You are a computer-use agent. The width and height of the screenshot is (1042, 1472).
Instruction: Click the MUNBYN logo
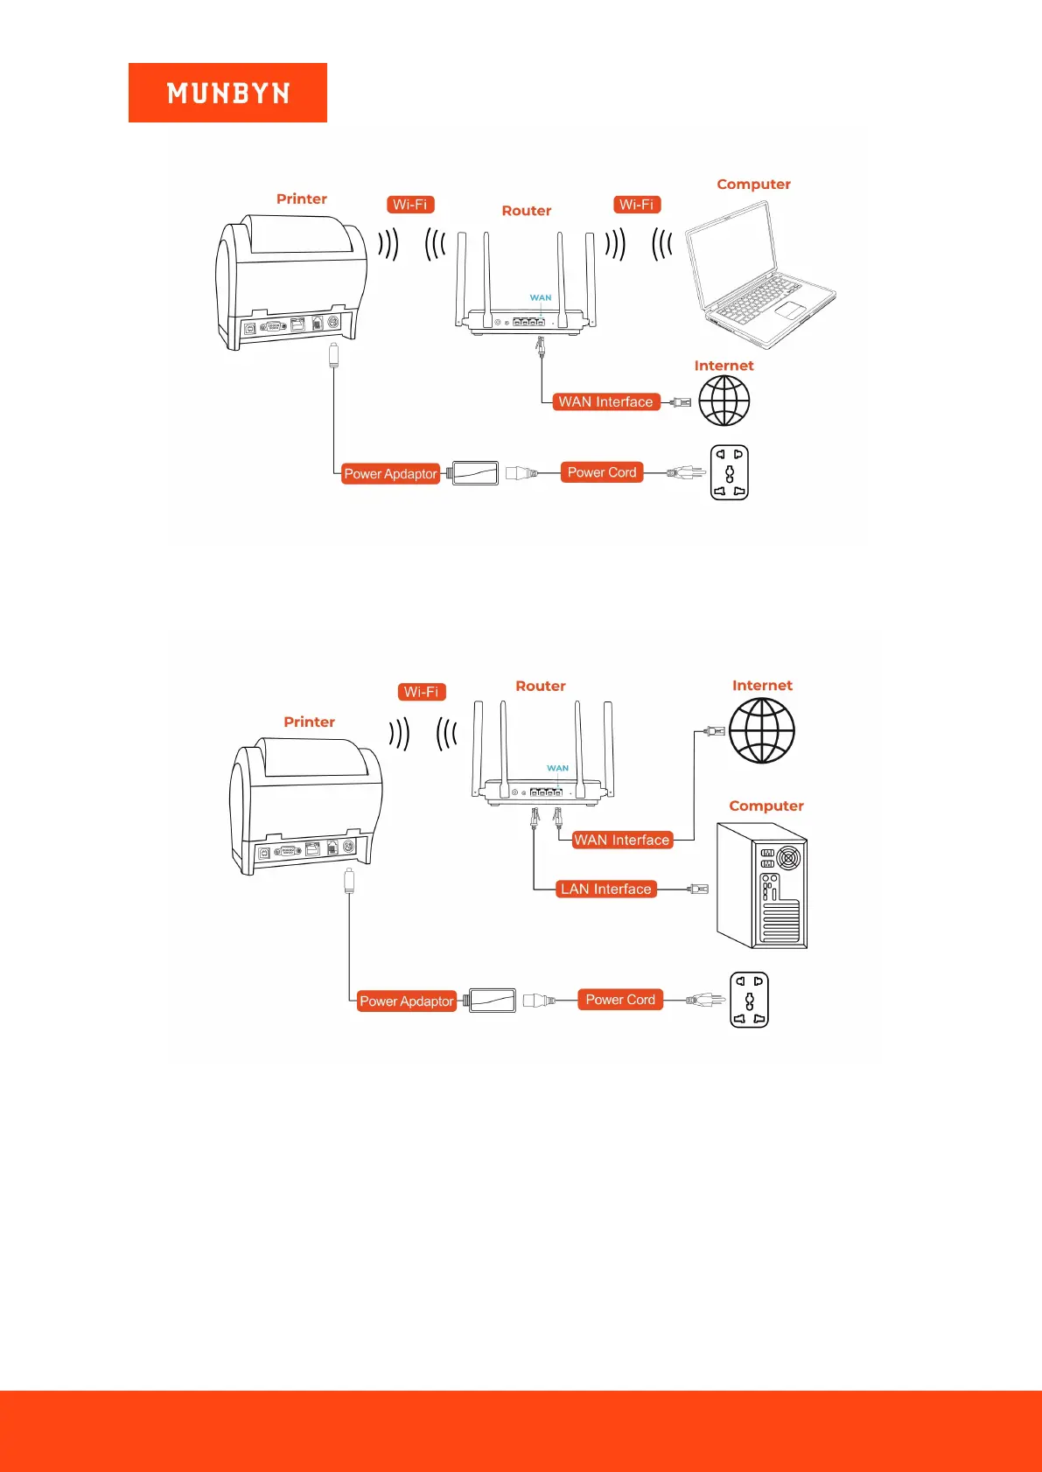point(227,93)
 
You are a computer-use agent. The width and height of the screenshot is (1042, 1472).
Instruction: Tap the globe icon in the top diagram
point(724,401)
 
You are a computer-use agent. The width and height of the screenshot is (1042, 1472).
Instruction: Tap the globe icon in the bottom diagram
point(761,730)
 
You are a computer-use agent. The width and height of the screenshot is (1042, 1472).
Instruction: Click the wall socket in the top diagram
point(729,472)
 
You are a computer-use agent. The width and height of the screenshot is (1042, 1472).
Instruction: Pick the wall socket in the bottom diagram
point(749,1000)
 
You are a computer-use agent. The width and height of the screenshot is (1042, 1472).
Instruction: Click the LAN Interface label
point(606,889)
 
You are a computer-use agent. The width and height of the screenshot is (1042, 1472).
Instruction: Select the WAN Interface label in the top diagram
point(605,402)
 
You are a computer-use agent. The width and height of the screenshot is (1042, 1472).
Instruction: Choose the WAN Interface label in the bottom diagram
point(621,841)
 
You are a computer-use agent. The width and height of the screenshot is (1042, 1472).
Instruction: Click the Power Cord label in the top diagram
point(602,472)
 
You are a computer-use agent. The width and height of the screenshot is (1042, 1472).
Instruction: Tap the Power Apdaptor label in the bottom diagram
point(407,1001)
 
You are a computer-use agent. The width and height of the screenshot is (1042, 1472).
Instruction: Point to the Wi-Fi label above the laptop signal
point(637,205)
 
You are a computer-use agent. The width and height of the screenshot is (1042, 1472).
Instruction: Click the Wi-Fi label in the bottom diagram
point(422,692)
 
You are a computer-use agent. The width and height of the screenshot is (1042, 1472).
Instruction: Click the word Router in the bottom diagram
point(541,687)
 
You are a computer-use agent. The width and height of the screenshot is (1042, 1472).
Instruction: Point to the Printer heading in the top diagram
point(302,199)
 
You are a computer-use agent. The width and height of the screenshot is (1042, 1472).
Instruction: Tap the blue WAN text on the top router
point(541,298)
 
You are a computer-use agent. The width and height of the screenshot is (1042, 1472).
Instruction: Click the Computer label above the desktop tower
point(766,806)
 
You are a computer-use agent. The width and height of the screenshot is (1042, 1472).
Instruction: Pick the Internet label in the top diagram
point(724,366)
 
